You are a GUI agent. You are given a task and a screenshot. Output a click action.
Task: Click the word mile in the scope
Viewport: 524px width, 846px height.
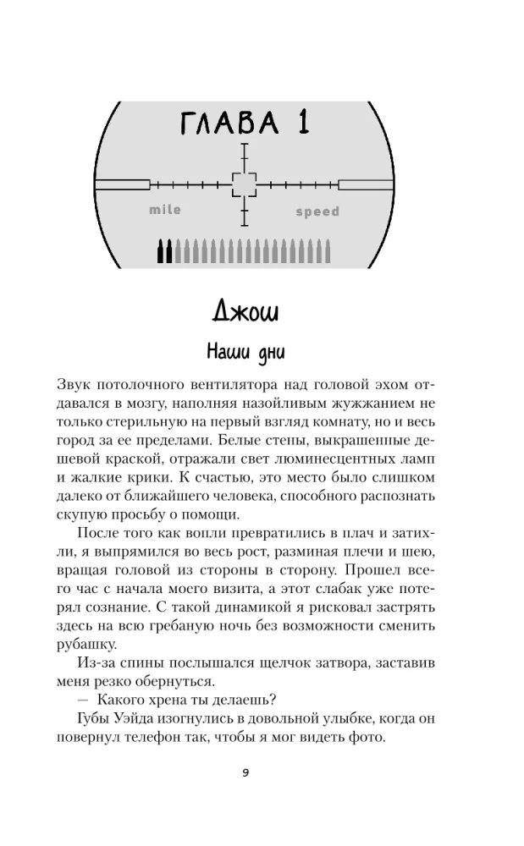(165, 210)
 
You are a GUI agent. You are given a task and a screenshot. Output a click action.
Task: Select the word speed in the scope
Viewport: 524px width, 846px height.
(317, 211)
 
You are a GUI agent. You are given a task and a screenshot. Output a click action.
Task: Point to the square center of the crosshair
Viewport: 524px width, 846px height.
(244, 184)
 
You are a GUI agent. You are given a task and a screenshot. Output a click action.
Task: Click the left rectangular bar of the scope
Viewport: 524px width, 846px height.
(122, 184)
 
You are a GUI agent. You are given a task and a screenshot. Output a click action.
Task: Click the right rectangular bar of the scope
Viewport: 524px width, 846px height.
(366, 184)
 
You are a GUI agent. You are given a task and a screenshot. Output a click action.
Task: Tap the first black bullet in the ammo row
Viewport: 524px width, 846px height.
(161, 250)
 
